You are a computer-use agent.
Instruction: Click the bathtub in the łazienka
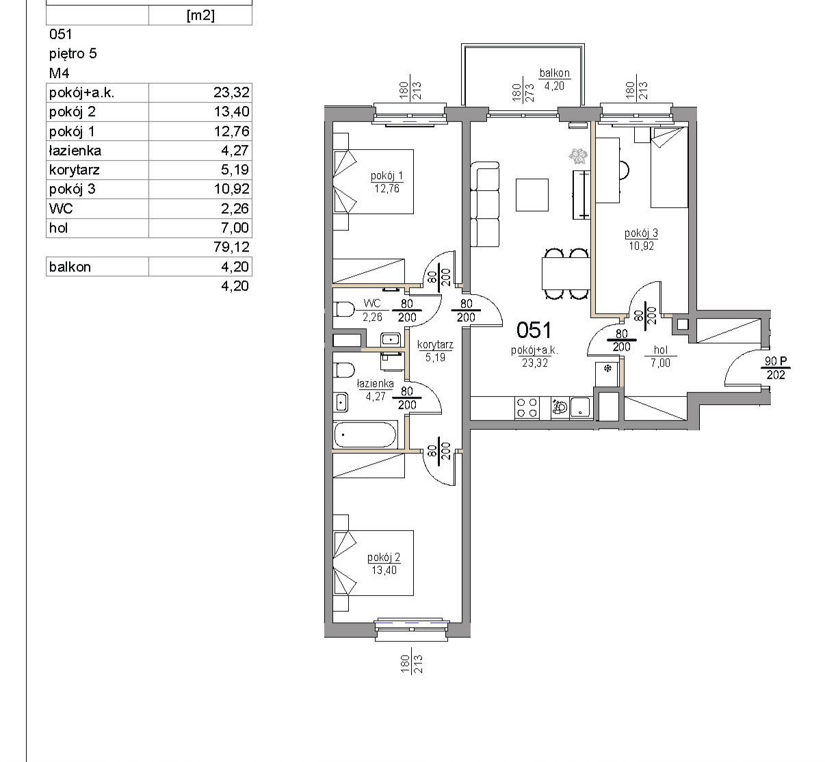pyautogui.click(x=365, y=434)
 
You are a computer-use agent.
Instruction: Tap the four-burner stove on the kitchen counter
pyautogui.click(x=527, y=407)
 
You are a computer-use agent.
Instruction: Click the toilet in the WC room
pyautogui.click(x=344, y=309)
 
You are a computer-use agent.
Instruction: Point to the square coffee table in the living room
pyautogui.click(x=532, y=195)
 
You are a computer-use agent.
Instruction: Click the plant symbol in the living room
pyautogui.click(x=579, y=157)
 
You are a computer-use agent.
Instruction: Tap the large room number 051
pyautogui.click(x=534, y=330)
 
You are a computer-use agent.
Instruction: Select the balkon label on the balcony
pyautogui.click(x=555, y=73)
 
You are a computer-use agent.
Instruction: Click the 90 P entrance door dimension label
pyautogui.click(x=776, y=360)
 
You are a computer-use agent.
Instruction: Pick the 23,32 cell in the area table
pyautogui.click(x=231, y=92)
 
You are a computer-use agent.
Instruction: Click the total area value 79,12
pyautogui.click(x=231, y=247)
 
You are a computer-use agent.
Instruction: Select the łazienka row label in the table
pyautogui.click(x=75, y=150)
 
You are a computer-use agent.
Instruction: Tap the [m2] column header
pyautogui.click(x=200, y=15)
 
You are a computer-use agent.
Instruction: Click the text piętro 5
pyautogui.click(x=73, y=53)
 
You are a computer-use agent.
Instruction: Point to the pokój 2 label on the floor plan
pyautogui.click(x=384, y=557)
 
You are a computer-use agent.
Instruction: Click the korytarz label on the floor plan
pyautogui.click(x=435, y=345)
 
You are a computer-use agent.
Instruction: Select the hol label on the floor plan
pyautogui.click(x=661, y=350)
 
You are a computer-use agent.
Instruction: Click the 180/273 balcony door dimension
pyautogui.click(x=523, y=93)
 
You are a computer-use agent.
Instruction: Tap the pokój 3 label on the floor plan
pyautogui.click(x=642, y=233)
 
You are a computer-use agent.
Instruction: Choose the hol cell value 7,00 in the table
pyautogui.click(x=235, y=228)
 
